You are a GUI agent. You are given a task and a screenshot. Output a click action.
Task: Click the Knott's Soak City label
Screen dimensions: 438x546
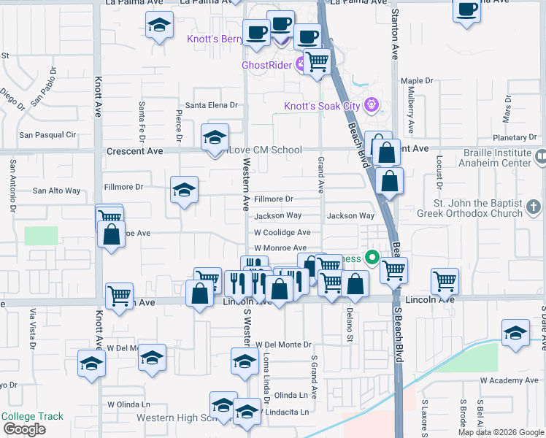(x=322, y=107)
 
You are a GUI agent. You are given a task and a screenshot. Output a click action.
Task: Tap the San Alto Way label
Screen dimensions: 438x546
(x=57, y=191)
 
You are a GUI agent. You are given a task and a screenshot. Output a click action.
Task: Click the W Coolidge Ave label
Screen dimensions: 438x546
(x=282, y=233)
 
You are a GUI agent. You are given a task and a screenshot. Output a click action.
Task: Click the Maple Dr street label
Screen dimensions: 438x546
(x=417, y=81)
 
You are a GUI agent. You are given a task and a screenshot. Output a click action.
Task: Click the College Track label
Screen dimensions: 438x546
(x=32, y=417)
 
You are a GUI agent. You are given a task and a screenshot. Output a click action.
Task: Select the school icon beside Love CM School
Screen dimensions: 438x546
(x=215, y=138)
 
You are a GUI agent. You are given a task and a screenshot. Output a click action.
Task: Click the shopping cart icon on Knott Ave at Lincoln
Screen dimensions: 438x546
(x=119, y=296)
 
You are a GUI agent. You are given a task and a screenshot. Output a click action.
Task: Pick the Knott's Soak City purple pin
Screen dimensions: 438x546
(x=372, y=105)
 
